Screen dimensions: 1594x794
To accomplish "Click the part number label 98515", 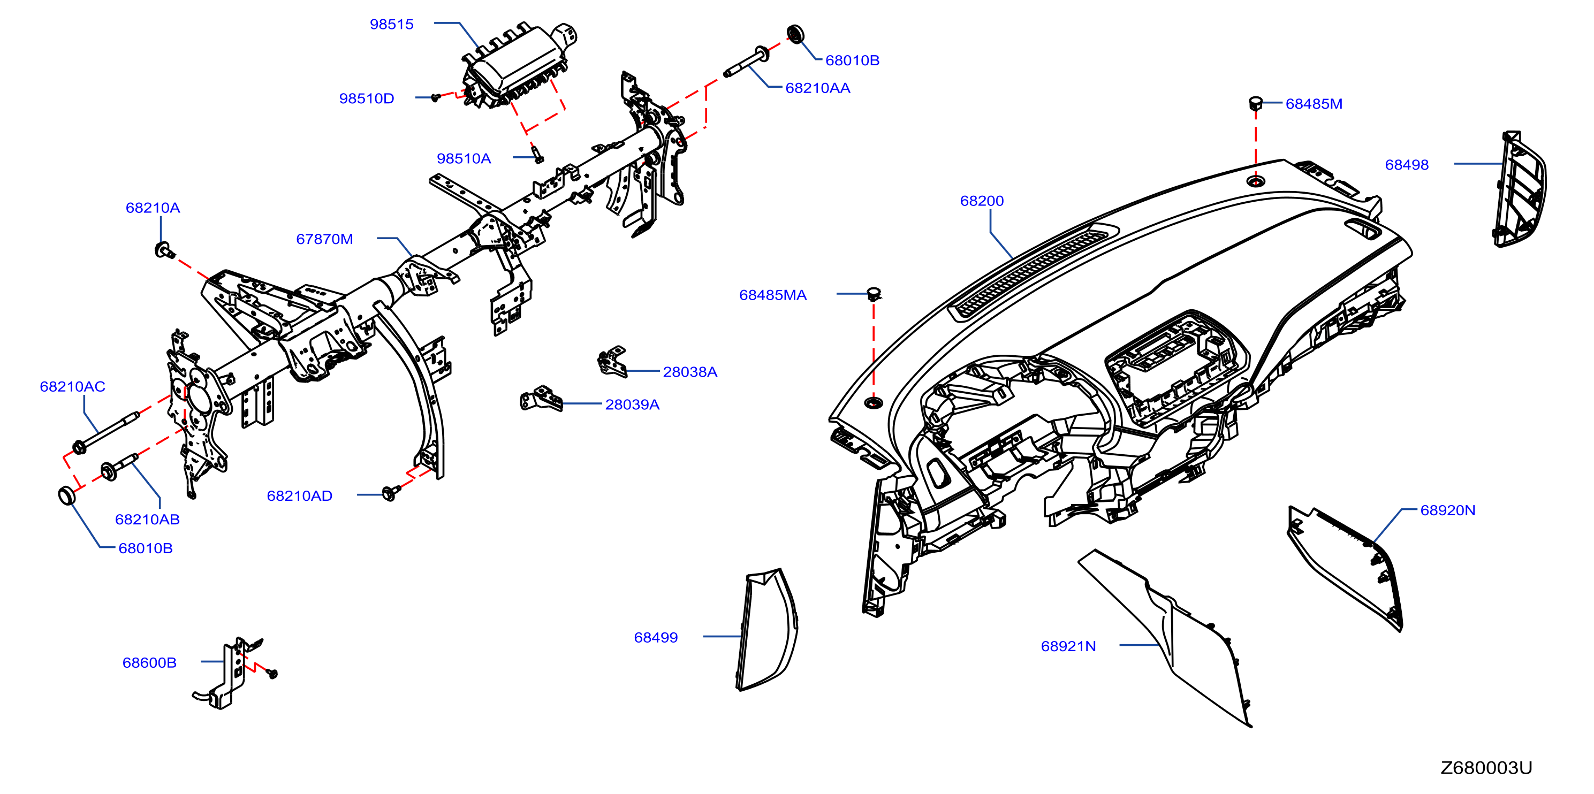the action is (x=391, y=24).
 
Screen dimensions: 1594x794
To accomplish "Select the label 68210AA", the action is (x=817, y=88).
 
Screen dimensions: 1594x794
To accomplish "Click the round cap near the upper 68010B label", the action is (x=795, y=34).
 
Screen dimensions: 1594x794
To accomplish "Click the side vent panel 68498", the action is (x=1520, y=189).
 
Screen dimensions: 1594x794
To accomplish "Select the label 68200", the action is (x=982, y=201).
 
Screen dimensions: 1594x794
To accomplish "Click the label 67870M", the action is (x=324, y=239).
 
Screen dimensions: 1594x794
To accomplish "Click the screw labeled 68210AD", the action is (x=390, y=493).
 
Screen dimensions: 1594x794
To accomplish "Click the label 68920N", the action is (x=1447, y=510).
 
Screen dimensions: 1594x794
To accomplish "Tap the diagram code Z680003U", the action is (x=1486, y=767).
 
